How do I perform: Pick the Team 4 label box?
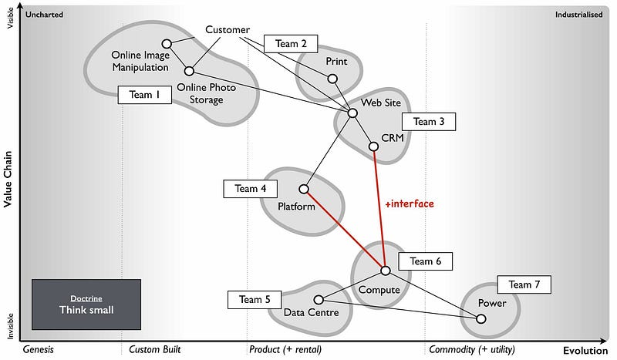click(251, 188)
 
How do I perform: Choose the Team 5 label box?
click(255, 299)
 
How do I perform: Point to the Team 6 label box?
click(426, 261)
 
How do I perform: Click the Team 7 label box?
click(524, 284)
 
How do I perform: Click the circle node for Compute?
click(385, 271)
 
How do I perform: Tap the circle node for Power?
click(481, 318)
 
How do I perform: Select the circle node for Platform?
click(304, 189)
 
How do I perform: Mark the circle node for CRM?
click(373, 146)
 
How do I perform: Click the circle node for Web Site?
click(352, 113)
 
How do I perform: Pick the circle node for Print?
click(332, 79)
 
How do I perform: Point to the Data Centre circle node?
click(319, 300)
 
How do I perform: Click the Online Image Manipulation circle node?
click(167, 44)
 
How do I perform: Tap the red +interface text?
click(410, 204)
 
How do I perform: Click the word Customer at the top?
click(228, 30)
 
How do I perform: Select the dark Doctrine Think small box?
click(86, 304)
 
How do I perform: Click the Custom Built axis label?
click(154, 349)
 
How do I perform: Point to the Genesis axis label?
click(39, 349)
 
